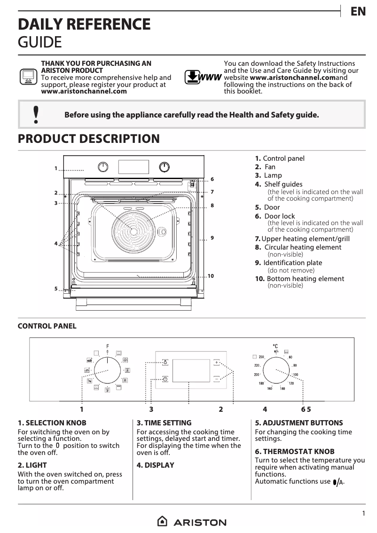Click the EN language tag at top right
click(x=358, y=12)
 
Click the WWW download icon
click(x=203, y=77)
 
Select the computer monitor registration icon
click(x=28, y=76)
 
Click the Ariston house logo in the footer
click(x=162, y=522)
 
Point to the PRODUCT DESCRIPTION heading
click(x=89, y=139)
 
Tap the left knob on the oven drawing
click(x=103, y=167)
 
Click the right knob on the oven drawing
click(x=164, y=167)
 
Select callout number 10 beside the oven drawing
click(x=211, y=276)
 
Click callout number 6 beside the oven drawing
click(x=212, y=179)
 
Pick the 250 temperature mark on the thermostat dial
click(x=262, y=357)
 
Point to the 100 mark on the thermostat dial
click(x=295, y=375)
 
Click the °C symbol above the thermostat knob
click(x=275, y=346)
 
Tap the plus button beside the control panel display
click(x=216, y=362)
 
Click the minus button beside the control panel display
click(x=216, y=378)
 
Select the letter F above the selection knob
click(x=107, y=346)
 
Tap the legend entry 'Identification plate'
click(x=292, y=263)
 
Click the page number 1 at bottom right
click(x=363, y=514)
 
